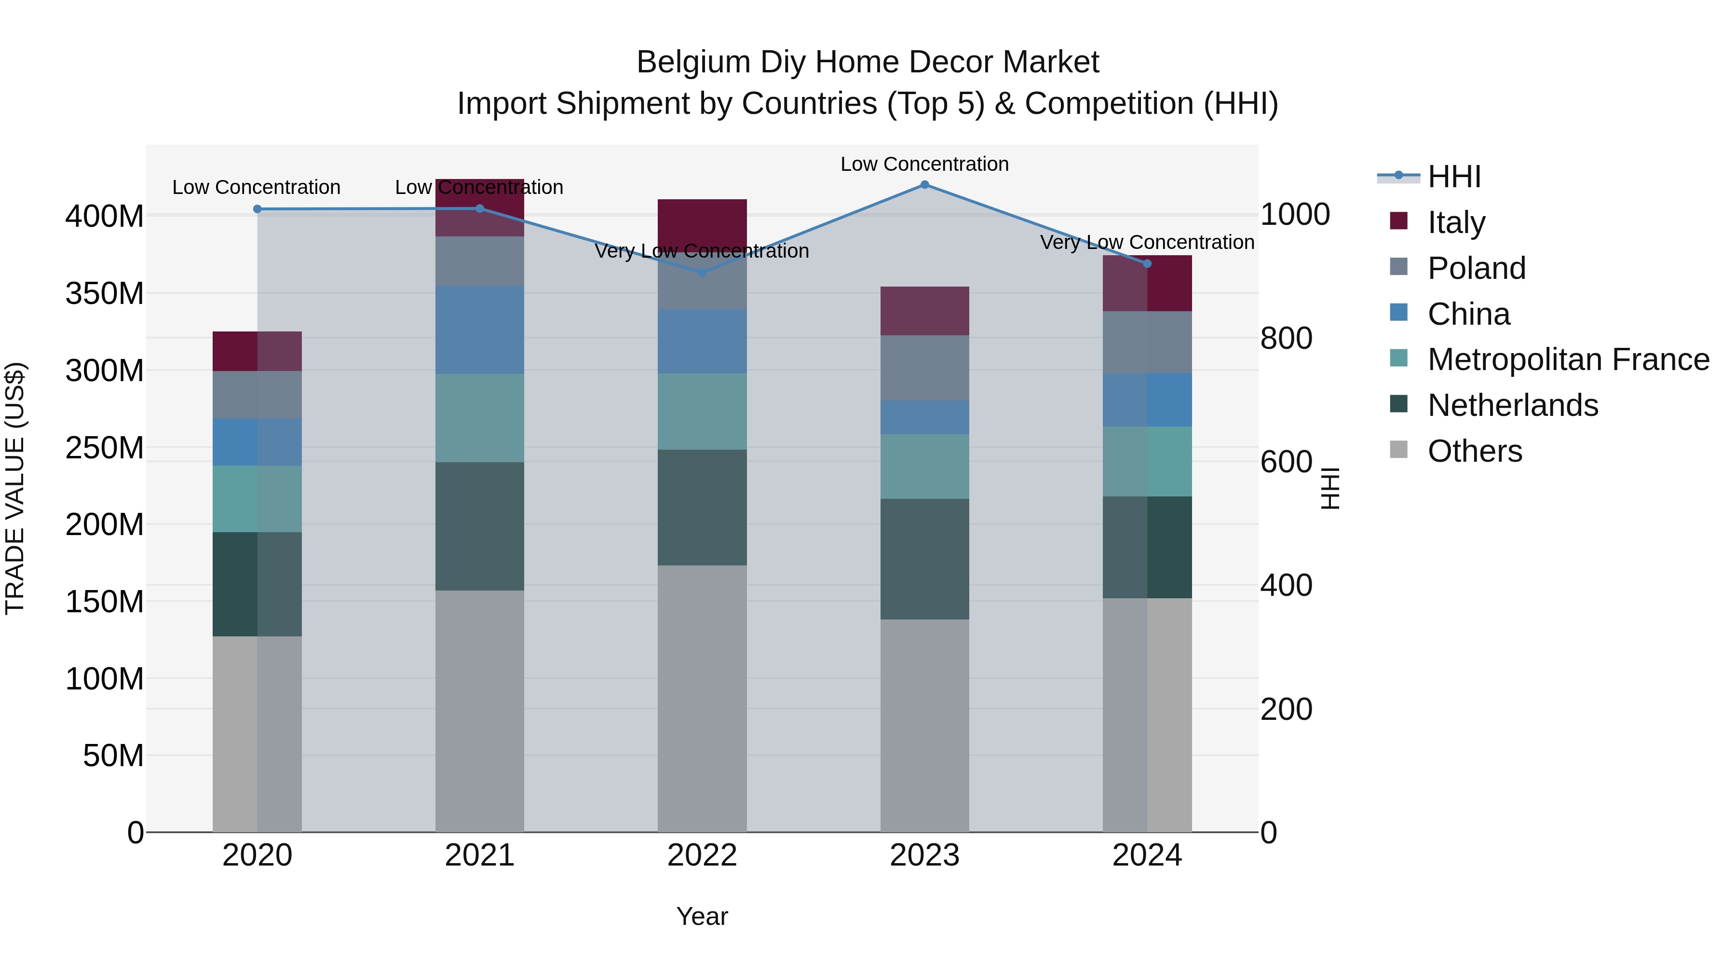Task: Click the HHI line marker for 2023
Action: [924, 185]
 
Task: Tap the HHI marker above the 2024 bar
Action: [1147, 263]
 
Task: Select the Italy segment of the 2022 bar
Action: [702, 222]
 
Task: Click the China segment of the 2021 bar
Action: [479, 330]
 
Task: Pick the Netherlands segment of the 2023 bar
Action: [924, 559]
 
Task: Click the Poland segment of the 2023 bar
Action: [924, 368]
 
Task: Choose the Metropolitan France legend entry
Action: [1568, 359]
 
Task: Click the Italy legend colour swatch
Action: [1398, 221]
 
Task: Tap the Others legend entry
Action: [1475, 451]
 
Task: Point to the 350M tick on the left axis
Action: [105, 294]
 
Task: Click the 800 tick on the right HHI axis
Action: [1286, 339]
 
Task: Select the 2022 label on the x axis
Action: [702, 855]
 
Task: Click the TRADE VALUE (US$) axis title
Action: [15, 488]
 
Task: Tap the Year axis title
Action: [702, 916]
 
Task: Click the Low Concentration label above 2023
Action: [924, 164]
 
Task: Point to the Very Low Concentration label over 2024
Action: [1147, 242]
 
